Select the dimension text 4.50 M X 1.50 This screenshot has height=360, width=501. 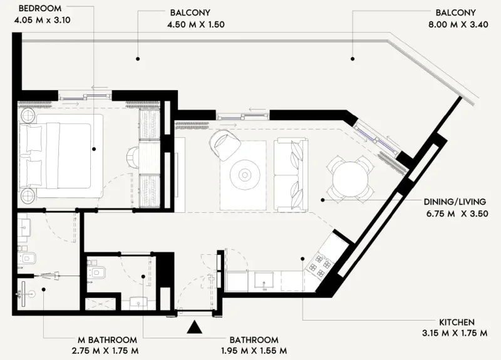pos(197,25)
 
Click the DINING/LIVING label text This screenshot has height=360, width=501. pos(457,203)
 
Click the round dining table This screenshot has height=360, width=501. pos(351,179)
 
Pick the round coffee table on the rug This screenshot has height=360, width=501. pos(244,174)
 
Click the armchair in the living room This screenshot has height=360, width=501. pos(224,145)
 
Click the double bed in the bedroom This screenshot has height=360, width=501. pos(60,156)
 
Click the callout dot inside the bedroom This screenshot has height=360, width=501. pos(94,149)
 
